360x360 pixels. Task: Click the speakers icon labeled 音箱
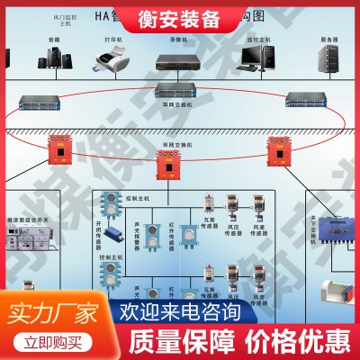[54, 58]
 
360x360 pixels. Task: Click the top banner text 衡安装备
[180, 16]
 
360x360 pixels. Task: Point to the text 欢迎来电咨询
[180, 312]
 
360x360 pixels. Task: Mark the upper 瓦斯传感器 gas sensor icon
[208, 205]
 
